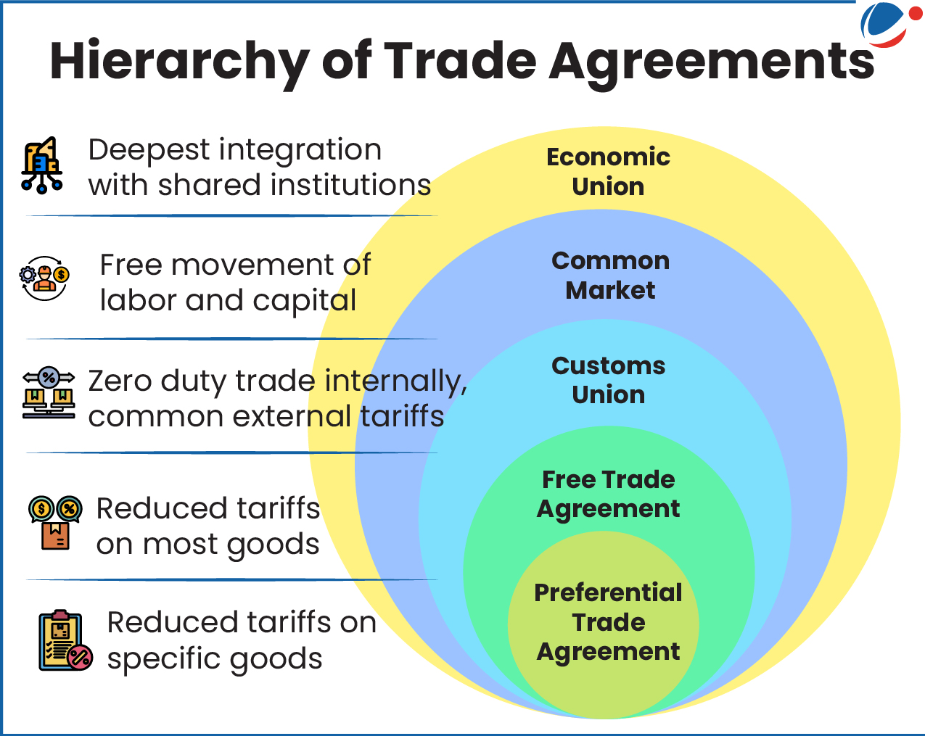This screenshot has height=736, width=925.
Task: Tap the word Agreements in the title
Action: pyautogui.click(x=711, y=62)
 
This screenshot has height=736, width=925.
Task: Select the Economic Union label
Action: pyautogui.click(x=608, y=171)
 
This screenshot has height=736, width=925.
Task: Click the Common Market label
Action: pyautogui.click(x=610, y=275)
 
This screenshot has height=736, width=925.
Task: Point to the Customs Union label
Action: pyautogui.click(x=608, y=379)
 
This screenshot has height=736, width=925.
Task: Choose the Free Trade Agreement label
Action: pyautogui.click(x=608, y=494)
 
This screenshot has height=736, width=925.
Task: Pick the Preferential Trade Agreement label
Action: pyautogui.click(x=608, y=621)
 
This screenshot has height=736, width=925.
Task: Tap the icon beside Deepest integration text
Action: pyautogui.click(x=42, y=165)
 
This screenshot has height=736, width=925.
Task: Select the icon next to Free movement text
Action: pyautogui.click(x=45, y=278)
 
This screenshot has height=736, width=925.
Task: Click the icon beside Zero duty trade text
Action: pyautogui.click(x=49, y=394)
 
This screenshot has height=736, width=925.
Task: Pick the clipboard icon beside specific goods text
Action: pyautogui.click(x=65, y=640)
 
